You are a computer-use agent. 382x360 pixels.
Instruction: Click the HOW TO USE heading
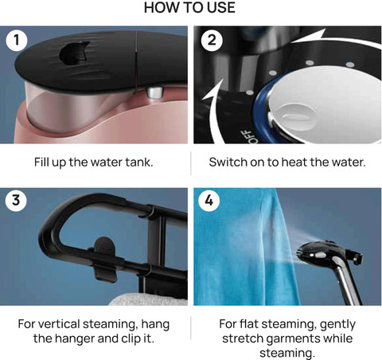[x=189, y=7]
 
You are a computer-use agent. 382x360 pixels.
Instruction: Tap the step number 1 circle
[x=17, y=41]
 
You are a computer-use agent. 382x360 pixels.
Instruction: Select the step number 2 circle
[x=212, y=41]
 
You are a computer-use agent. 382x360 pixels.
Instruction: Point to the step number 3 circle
[x=16, y=200]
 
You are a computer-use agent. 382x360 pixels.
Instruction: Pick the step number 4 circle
[x=209, y=200]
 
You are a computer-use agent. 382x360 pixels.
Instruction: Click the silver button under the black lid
[x=155, y=92]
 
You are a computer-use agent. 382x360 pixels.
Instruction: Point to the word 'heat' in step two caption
[x=294, y=162]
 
